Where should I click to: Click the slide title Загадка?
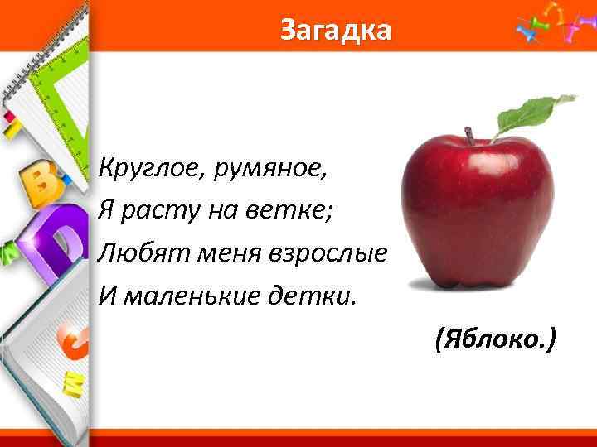(334, 31)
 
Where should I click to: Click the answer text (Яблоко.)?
(495, 339)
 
